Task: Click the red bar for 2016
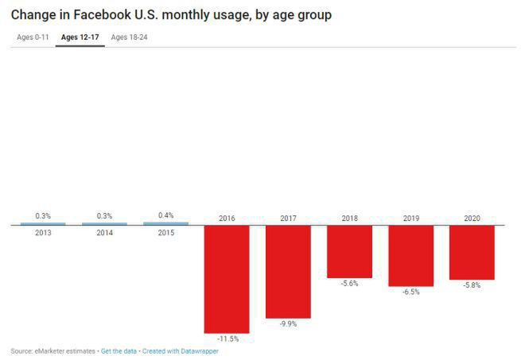pos(227,278)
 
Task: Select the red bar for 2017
pos(288,271)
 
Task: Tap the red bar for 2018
pos(349,251)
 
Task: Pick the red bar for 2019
pos(410,255)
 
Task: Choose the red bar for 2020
pos(472,252)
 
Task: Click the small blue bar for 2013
pos(43,224)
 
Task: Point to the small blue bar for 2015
pos(165,223)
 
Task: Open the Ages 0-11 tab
pos(32,37)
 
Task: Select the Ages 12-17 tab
pos(80,37)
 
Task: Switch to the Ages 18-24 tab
pos(129,37)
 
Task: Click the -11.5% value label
pos(227,339)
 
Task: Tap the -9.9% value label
pos(288,324)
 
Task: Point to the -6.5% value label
pos(410,292)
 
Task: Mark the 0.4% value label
pos(165,215)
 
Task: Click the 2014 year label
pos(104,233)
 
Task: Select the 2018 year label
pos(349,218)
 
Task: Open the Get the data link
pos(119,350)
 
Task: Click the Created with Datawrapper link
pos(180,350)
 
